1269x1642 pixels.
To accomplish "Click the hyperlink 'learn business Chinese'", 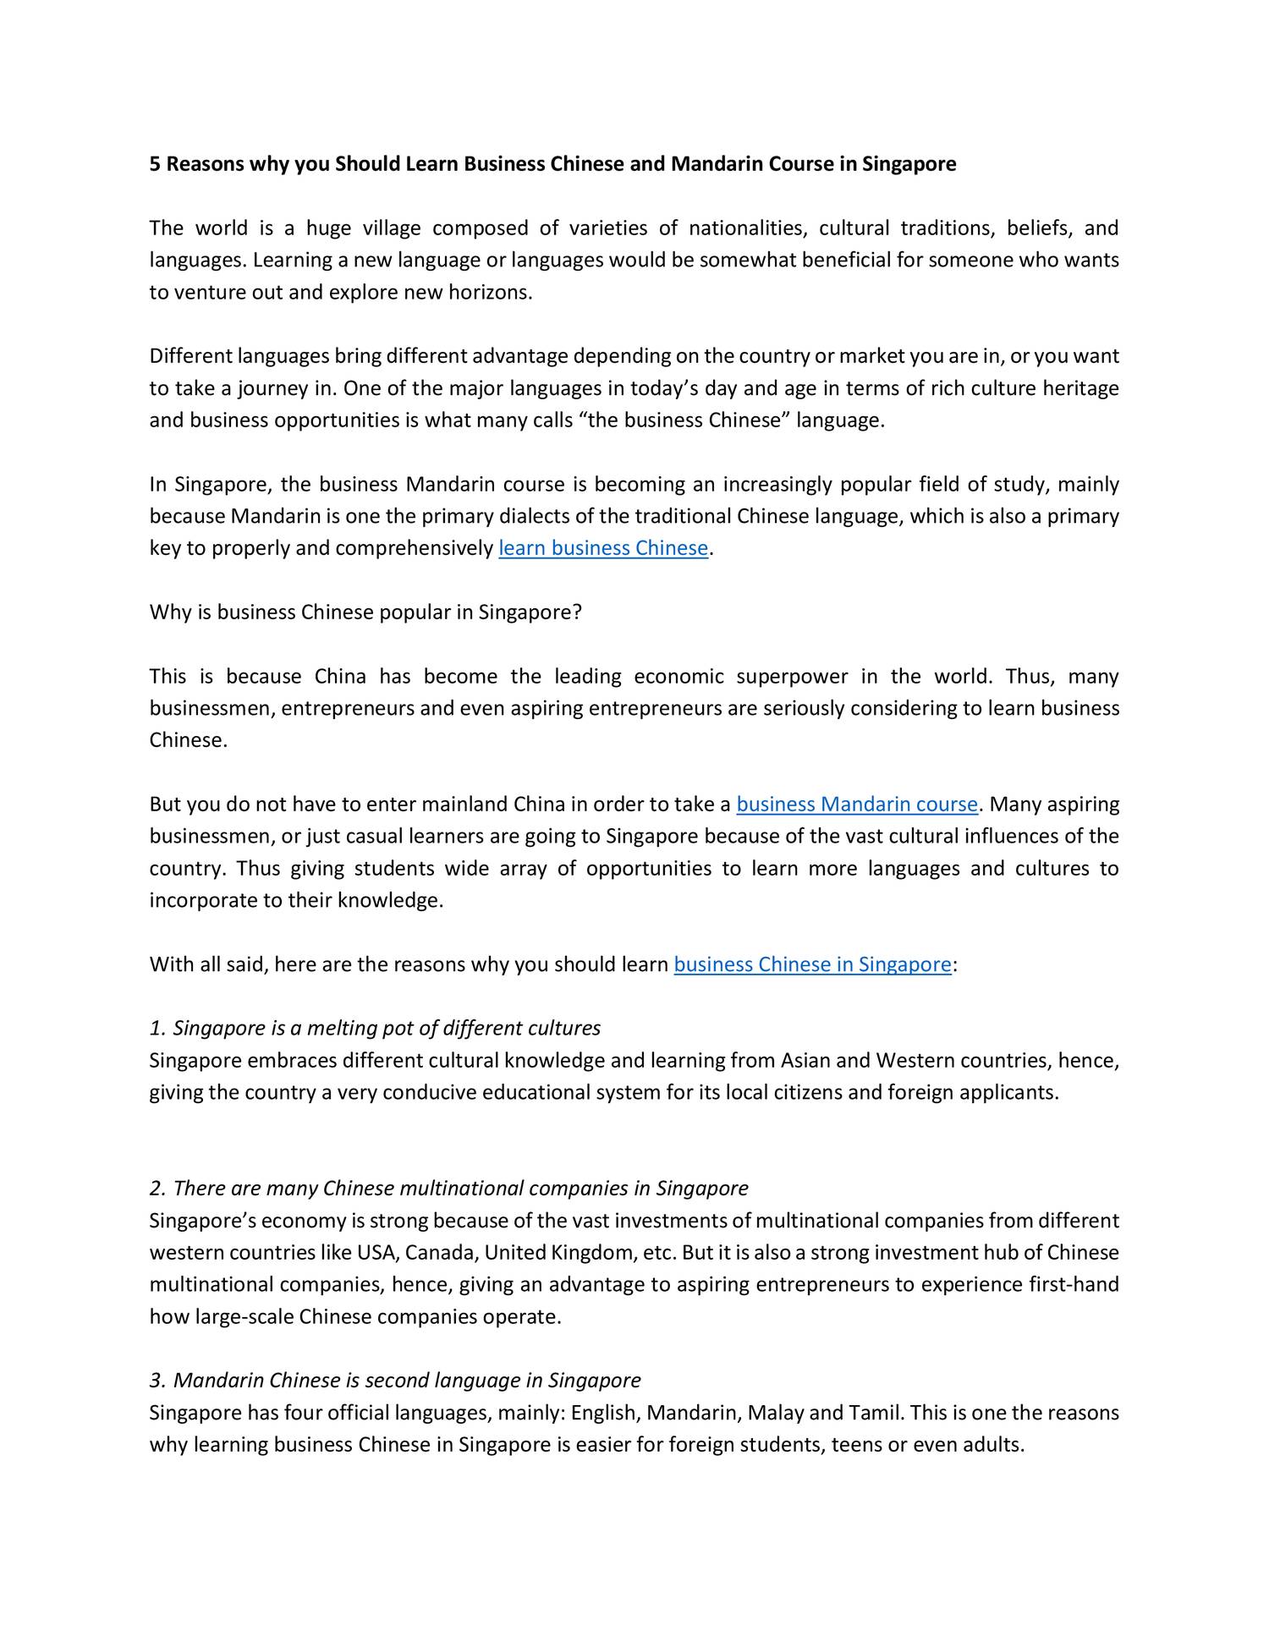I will point(603,548).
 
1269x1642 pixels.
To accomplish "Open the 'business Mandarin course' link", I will point(857,804).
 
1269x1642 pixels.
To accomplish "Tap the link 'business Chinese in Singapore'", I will point(812,964).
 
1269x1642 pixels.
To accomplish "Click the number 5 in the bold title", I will point(155,163).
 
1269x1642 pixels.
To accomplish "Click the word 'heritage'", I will point(1080,388).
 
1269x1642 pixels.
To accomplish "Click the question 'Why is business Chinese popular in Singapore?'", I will point(365,612).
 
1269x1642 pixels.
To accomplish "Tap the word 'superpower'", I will point(792,677).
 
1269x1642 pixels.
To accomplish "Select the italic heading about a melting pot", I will point(375,1028).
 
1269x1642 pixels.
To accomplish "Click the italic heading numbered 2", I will point(448,1189).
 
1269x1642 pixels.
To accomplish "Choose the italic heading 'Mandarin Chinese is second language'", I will point(395,1381).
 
